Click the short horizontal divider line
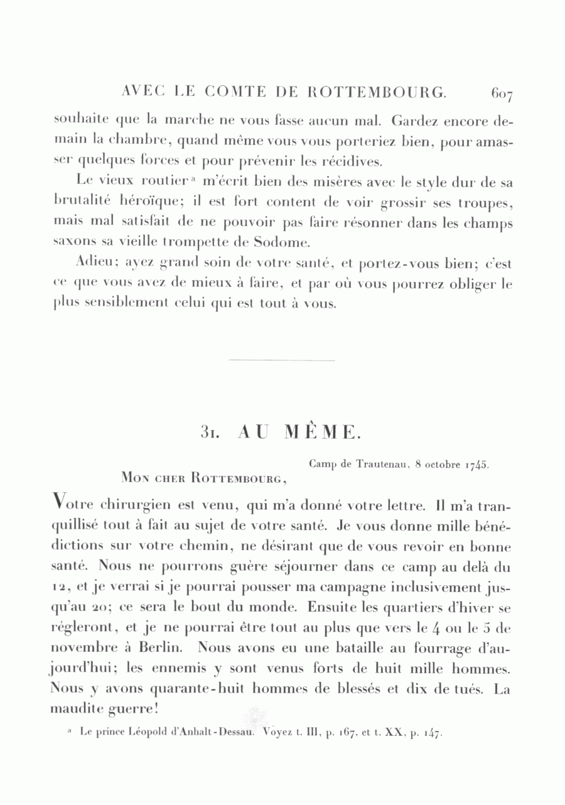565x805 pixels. click(282, 360)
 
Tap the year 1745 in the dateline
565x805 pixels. click(477, 466)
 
